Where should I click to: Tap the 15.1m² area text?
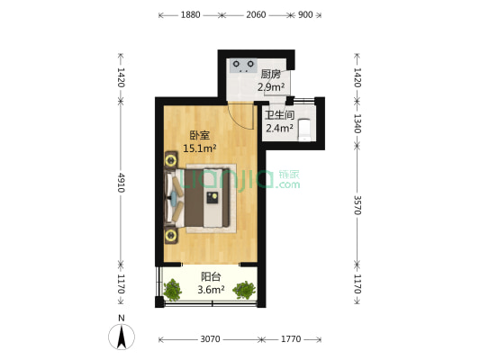(x=199, y=148)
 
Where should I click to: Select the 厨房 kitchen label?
(x=271, y=75)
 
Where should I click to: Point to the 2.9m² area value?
(x=271, y=88)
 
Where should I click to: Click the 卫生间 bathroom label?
(x=278, y=115)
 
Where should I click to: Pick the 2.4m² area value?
(x=278, y=129)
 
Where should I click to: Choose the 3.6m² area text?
(x=211, y=291)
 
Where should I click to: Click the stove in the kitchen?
(x=241, y=65)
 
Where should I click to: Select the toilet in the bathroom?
(x=306, y=130)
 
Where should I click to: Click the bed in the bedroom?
(x=206, y=196)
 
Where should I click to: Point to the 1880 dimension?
(x=190, y=15)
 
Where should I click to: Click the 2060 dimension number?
(x=257, y=15)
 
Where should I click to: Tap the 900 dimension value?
(x=305, y=15)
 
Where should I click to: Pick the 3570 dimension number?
(x=357, y=205)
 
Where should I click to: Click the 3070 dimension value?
(x=210, y=339)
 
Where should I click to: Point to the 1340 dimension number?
(x=357, y=122)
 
